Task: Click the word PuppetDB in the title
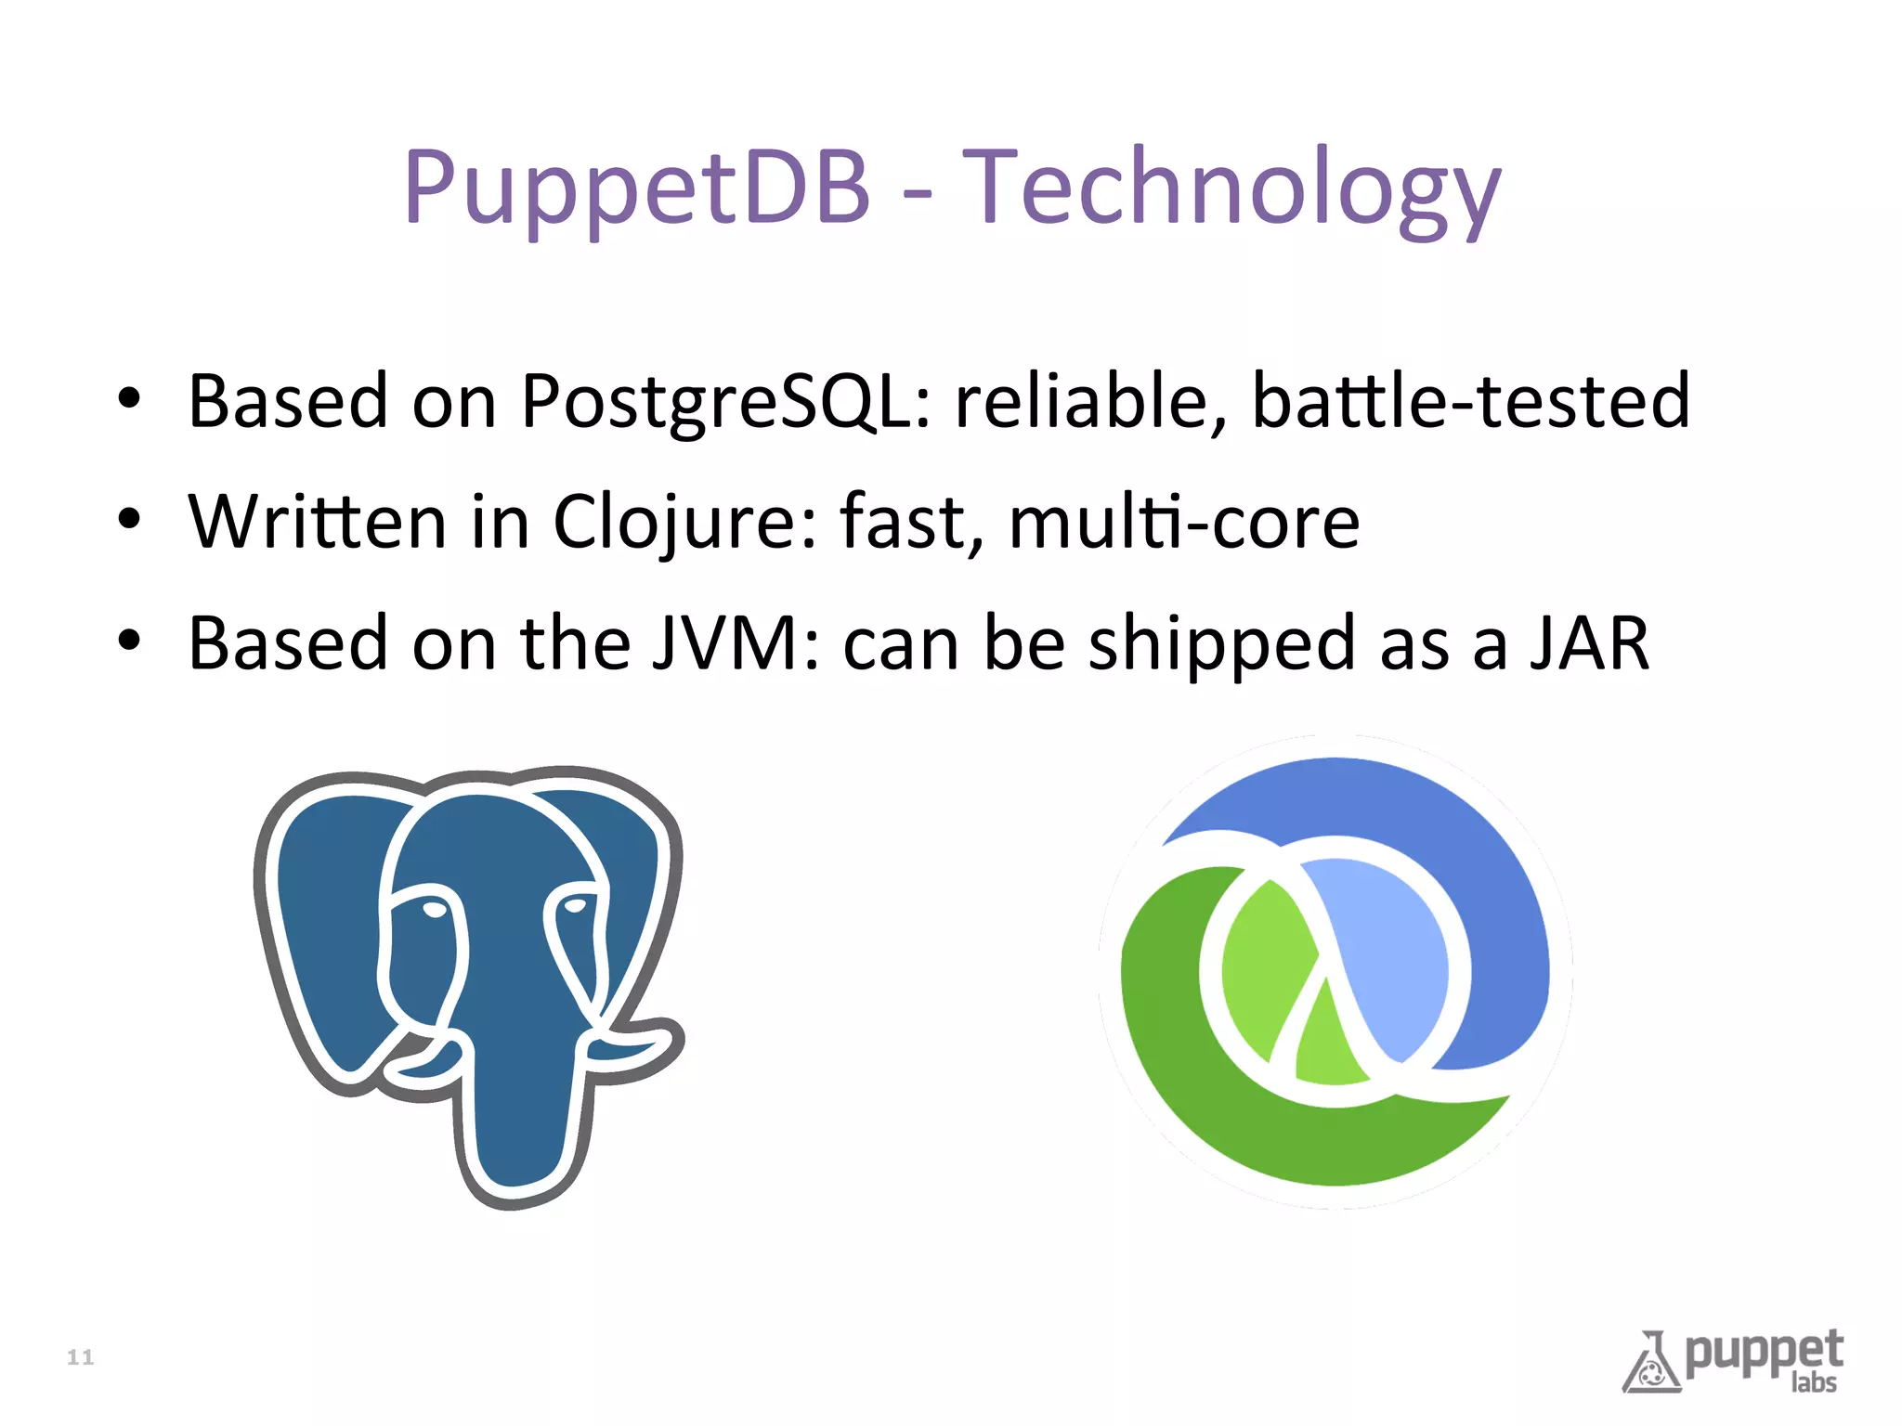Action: pos(637,188)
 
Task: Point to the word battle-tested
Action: pos(1470,402)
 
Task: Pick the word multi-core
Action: pos(1183,523)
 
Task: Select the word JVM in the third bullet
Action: pos(724,643)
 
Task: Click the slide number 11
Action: pos(81,1357)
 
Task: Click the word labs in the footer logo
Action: pos(1814,1382)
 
